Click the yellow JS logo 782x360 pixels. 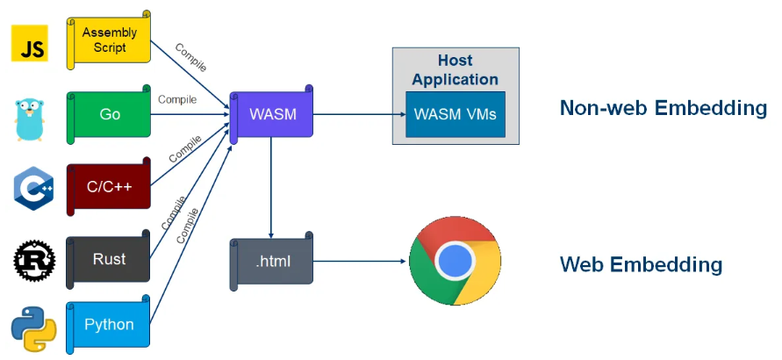29,43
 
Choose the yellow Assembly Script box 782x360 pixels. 110,40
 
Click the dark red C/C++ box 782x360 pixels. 110,186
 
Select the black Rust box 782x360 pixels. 110,259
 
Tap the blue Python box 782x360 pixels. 110,325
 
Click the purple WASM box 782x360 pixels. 272,115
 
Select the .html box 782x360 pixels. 272,260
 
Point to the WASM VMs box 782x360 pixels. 455,115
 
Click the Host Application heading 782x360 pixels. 455,70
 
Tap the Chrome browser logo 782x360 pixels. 455,260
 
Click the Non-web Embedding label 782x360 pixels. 663,108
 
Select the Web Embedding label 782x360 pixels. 641,264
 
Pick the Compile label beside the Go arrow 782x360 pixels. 176,99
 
